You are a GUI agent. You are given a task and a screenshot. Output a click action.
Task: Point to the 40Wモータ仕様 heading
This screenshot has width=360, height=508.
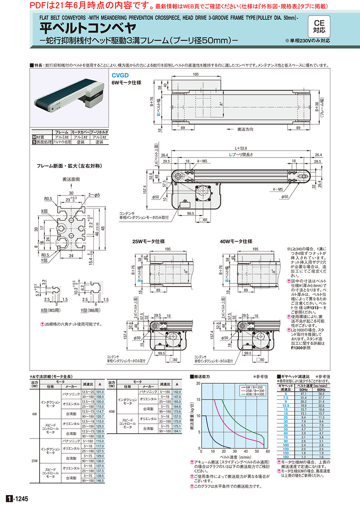pyautogui.click(x=236, y=241)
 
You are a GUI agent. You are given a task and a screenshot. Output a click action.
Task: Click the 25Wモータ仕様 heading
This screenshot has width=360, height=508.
pyautogui.click(x=148, y=241)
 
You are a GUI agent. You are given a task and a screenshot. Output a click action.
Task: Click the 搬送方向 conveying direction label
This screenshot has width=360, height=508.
pyautogui.click(x=246, y=129)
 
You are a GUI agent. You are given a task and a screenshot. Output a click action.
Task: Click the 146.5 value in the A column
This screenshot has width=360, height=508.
pyautogui.click(x=100, y=480)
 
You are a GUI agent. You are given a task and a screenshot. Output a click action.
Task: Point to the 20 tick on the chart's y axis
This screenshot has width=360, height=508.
pyautogui.click(x=199, y=383)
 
